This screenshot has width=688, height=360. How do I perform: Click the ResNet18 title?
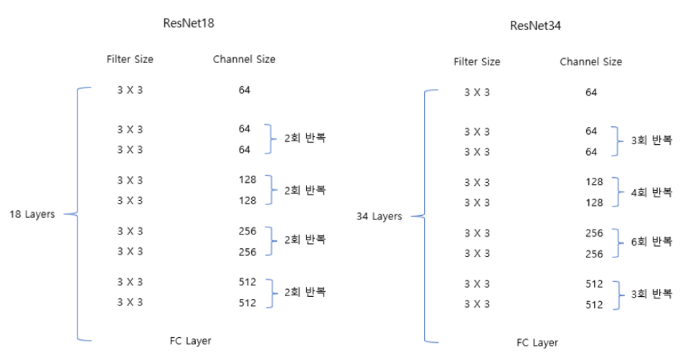(189, 22)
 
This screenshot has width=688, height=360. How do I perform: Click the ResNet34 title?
(535, 27)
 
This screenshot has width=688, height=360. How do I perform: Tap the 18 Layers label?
(32, 214)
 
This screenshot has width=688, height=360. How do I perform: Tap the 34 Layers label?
(380, 216)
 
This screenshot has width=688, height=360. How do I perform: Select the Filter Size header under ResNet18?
(130, 60)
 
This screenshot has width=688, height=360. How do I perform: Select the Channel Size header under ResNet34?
(590, 62)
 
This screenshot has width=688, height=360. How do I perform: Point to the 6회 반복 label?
(652, 242)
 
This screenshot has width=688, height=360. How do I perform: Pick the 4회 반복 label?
(652, 192)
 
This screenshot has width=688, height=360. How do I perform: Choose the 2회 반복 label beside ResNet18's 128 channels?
(305, 190)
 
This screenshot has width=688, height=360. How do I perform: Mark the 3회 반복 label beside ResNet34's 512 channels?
(652, 293)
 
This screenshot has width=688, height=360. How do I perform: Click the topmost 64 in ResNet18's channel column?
(245, 90)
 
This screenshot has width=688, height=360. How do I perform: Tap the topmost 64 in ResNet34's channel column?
(591, 93)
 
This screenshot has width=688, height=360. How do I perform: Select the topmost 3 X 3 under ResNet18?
(130, 90)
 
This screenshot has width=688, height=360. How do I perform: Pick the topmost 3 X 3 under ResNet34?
(477, 93)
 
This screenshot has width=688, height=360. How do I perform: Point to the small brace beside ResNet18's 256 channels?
(271, 242)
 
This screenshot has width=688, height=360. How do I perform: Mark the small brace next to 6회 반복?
(618, 243)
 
